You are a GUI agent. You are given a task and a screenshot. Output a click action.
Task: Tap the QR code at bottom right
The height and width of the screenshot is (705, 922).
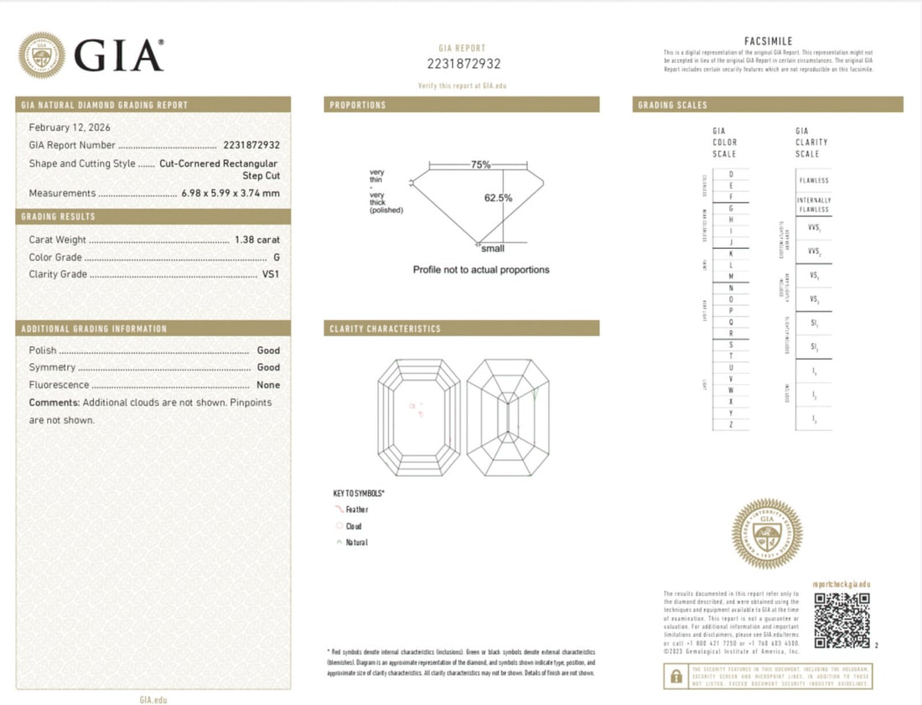pos(842,621)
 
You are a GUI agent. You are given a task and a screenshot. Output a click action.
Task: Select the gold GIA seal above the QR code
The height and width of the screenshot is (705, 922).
pos(767,534)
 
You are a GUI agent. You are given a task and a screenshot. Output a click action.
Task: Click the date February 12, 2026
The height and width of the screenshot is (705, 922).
pos(70,127)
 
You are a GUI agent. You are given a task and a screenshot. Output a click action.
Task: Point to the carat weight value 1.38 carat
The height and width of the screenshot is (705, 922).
pos(255,240)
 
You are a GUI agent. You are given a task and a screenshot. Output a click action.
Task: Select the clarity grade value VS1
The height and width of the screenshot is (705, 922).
pos(270,274)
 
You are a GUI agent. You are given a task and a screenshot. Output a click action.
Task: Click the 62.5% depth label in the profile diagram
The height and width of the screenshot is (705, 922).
pos(498,198)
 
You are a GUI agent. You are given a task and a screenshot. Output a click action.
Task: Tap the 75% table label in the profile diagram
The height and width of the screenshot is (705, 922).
pos(480,165)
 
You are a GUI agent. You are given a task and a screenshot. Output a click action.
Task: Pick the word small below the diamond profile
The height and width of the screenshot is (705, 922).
pos(493,248)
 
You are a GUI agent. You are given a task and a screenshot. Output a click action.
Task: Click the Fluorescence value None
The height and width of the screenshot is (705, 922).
pos(268,385)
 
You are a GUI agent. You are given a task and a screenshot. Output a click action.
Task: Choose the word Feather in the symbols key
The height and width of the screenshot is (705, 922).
pos(357,510)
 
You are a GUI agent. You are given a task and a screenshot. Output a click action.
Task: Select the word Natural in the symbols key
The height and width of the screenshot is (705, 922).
pos(357,542)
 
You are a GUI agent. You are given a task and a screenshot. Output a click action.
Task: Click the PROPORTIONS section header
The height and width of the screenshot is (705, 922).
pos(358,105)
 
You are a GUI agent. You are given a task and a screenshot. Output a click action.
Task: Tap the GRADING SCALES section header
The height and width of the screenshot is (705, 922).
pos(672,105)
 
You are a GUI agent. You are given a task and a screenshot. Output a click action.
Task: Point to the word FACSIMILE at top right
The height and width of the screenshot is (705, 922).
pos(768,41)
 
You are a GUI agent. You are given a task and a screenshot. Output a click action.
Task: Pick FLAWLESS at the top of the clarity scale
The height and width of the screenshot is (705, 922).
pos(813,180)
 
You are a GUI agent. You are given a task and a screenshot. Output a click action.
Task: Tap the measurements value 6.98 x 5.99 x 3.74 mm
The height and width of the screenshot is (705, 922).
pos(230,194)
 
